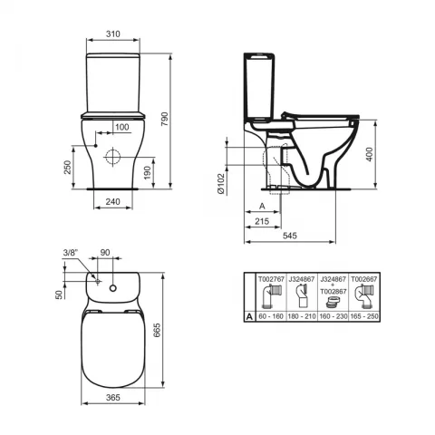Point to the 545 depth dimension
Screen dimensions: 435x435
289,235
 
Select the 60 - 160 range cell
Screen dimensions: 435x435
273,318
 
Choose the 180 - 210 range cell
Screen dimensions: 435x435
303,318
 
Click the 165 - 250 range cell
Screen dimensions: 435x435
366,318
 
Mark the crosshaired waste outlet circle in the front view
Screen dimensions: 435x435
112,156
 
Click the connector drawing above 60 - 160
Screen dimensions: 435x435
273,298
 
